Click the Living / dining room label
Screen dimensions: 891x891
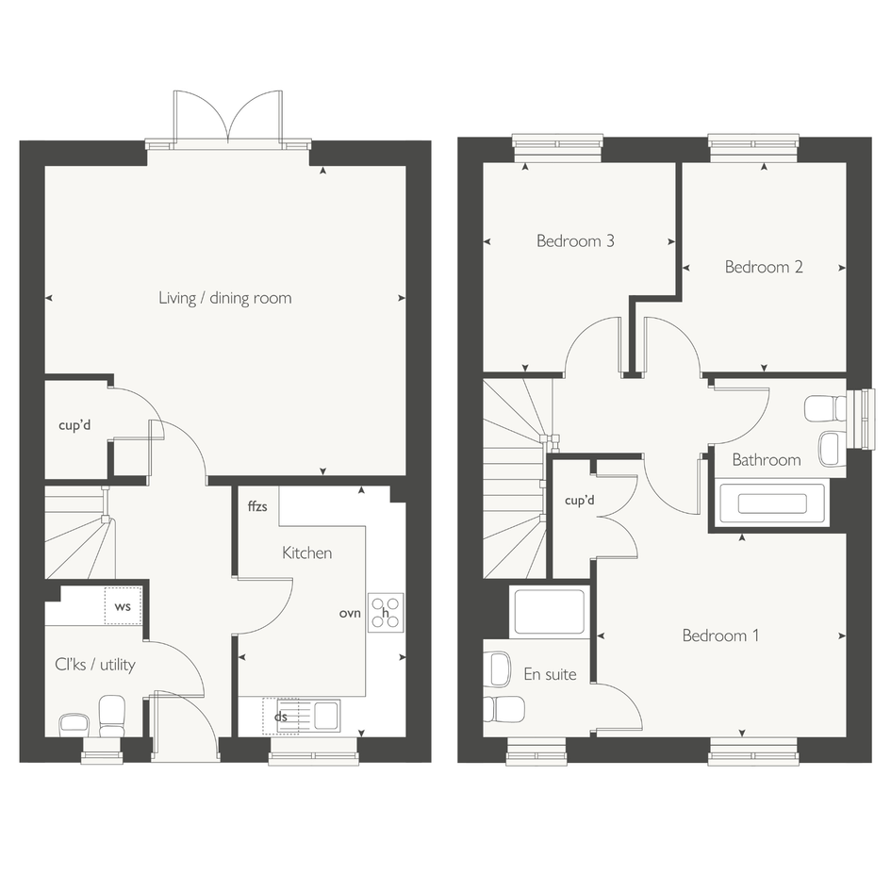[x=225, y=298]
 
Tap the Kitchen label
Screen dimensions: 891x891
[x=306, y=553]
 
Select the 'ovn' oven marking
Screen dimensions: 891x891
[x=350, y=614]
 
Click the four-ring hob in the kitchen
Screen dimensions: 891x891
[x=386, y=613]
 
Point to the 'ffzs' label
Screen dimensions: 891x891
[x=257, y=505]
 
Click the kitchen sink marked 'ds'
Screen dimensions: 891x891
[x=301, y=717]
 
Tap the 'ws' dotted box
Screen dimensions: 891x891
[x=123, y=605]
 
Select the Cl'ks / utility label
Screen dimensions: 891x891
[x=95, y=665]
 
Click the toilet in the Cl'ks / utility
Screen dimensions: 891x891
[x=112, y=716]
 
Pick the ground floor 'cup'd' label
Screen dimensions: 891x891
[x=74, y=425]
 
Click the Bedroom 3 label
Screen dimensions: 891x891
[x=576, y=241]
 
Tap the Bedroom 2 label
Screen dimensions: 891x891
[x=764, y=267]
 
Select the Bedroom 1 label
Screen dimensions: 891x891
[x=720, y=635]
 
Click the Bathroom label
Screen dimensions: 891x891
[x=767, y=460]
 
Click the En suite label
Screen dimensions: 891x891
[x=550, y=674]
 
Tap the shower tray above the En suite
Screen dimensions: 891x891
[x=549, y=611]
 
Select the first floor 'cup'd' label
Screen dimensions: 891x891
[x=580, y=501]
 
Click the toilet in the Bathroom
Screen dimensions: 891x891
[x=826, y=408]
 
